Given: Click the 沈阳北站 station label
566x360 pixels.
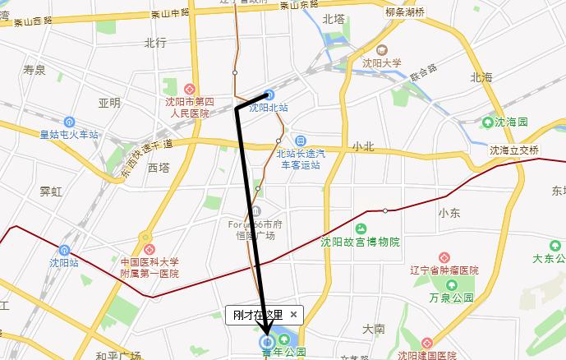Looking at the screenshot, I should click(x=269, y=108).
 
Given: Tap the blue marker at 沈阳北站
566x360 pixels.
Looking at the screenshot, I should click(x=269, y=95).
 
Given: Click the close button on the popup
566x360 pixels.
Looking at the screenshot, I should click(x=294, y=314).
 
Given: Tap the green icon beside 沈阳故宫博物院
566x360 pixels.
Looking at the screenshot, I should click(x=360, y=228).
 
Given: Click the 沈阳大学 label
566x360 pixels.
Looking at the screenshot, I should click(x=382, y=62).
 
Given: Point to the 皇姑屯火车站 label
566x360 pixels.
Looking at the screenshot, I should click(x=69, y=134).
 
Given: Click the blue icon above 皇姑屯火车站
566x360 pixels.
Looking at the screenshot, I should click(x=69, y=122).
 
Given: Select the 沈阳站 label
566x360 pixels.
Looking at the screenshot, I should click(x=63, y=263).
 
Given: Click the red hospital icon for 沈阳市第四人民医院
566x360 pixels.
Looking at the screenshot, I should click(x=191, y=89).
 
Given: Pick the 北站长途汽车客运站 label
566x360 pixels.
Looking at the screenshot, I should click(x=301, y=159).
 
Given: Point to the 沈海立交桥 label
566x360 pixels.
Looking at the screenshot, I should click(x=514, y=150).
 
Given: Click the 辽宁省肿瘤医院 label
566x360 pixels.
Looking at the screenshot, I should click(x=446, y=270).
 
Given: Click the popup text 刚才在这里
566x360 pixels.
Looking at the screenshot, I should click(x=258, y=314).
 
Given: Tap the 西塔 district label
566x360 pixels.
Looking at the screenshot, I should click(x=158, y=168).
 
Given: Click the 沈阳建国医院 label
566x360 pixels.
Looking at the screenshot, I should click(x=427, y=356).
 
